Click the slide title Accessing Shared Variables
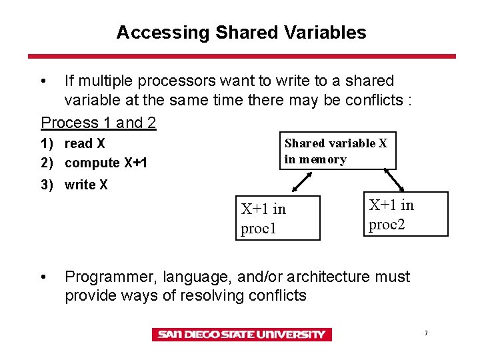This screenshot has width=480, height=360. tap(241, 32)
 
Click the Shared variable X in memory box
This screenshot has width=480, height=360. tap(337, 151)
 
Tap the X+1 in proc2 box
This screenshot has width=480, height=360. tap(405, 214)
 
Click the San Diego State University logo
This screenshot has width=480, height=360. tap(241, 335)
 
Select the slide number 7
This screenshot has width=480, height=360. tap(425, 333)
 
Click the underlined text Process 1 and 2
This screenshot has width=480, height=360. tap(99, 123)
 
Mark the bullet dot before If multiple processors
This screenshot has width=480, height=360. tap(44, 81)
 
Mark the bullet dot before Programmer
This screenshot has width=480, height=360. tap(44, 277)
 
